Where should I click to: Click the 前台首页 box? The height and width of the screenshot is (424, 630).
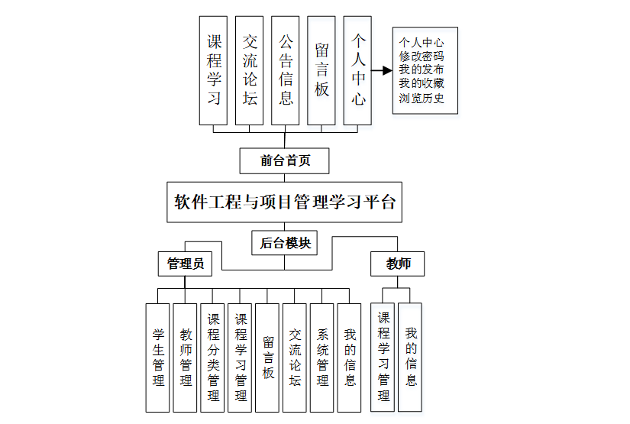[284, 160]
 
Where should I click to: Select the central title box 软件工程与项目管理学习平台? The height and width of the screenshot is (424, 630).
[285, 202]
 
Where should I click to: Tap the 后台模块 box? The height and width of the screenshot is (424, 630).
[284, 243]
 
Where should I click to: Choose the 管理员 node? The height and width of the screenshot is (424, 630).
[185, 264]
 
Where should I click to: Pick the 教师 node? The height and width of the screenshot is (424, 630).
[397, 264]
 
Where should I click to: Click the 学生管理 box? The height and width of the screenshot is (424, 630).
[157, 358]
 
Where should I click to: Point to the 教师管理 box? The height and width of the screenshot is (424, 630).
[185, 358]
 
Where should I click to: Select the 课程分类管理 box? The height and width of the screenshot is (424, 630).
[213, 358]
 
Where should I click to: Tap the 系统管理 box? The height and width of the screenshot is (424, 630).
[322, 358]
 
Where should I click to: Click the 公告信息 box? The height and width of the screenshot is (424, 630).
[285, 70]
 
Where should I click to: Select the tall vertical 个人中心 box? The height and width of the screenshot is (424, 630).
[357, 70]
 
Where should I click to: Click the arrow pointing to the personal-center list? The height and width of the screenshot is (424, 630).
[381, 71]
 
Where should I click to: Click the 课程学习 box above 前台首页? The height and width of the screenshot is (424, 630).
[213, 70]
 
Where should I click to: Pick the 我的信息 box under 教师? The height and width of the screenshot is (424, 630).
[410, 358]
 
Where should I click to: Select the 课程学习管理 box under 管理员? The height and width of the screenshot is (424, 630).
[240, 358]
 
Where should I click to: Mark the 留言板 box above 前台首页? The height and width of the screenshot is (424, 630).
[321, 70]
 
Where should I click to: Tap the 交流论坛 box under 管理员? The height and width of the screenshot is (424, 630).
[295, 358]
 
